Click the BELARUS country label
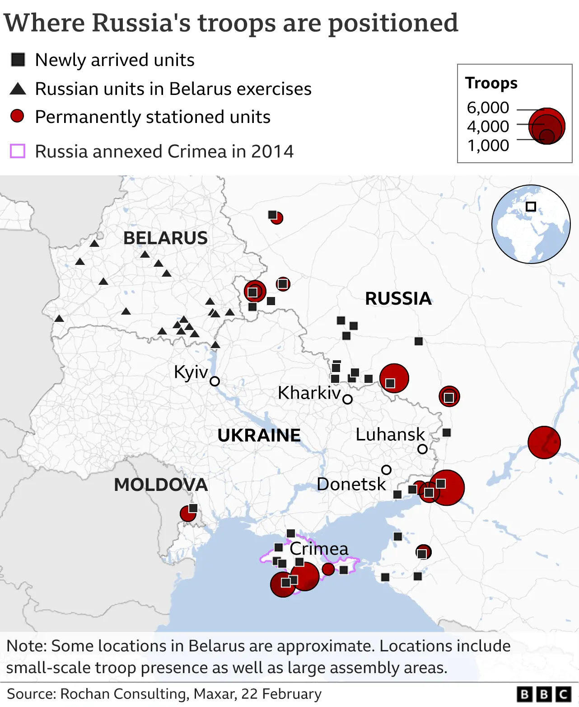tap(165, 238)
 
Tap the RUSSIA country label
tap(398, 299)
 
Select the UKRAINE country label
tap(259, 435)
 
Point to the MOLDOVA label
tap(161, 485)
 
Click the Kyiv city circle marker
tap(215, 381)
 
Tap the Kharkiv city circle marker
tap(347, 399)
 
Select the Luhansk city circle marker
tap(422, 449)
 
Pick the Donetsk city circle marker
tap(386, 470)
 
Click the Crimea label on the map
tap(319, 549)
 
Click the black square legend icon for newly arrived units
tap(18, 60)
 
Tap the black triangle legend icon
tap(18, 89)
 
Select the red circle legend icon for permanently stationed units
tap(18, 116)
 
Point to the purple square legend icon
tap(18, 151)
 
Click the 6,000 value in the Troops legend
tap(488, 108)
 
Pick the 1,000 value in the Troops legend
tap(488, 146)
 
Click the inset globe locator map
tap(531, 224)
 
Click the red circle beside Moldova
tap(187, 514)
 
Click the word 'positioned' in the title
tap(393, 24)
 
